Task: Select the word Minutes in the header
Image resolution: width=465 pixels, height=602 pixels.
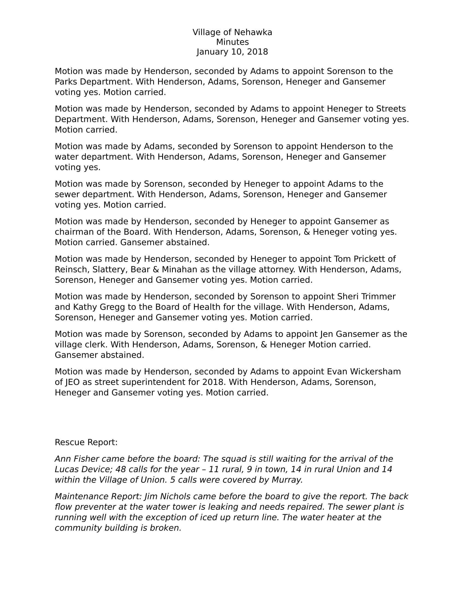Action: (x=232, y=42)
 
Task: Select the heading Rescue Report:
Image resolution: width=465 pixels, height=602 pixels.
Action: (x=86, y=442)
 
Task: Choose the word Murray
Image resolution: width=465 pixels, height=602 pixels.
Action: (x=287, y=480)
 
